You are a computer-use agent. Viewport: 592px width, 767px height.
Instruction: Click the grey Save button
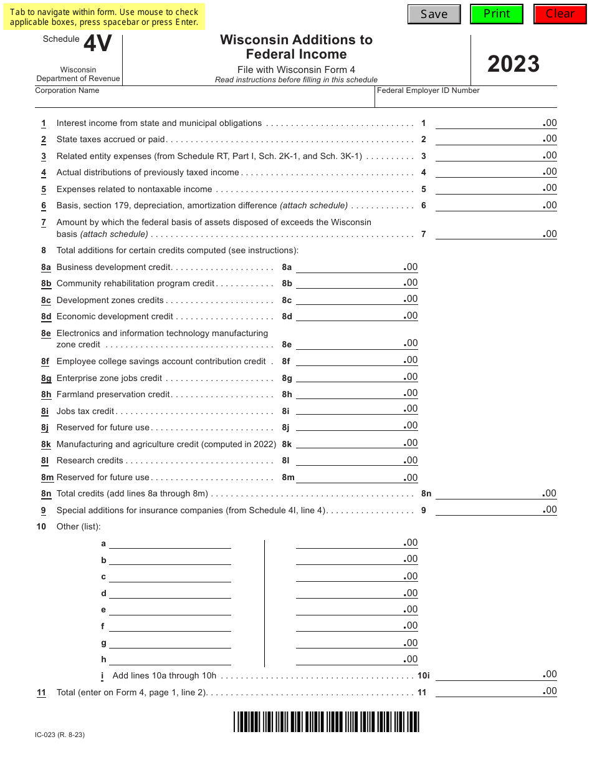434,14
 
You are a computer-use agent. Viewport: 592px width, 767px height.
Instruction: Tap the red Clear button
560,14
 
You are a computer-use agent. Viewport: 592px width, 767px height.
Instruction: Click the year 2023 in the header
513,64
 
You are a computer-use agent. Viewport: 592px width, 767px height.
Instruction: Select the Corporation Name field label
67,90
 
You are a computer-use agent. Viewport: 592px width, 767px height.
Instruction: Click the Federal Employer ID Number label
428,90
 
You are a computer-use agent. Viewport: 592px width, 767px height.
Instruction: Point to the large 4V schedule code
97,44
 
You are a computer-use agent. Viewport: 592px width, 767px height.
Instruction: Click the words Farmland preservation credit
113,394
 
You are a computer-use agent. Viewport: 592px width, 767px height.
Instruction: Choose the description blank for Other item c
169,576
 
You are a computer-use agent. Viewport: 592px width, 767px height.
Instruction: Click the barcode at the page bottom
327,721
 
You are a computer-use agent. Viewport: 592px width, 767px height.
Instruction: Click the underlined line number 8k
46,445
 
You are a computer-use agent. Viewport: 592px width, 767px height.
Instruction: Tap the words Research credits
90,460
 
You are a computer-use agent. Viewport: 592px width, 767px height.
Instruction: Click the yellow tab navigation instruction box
104,17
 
